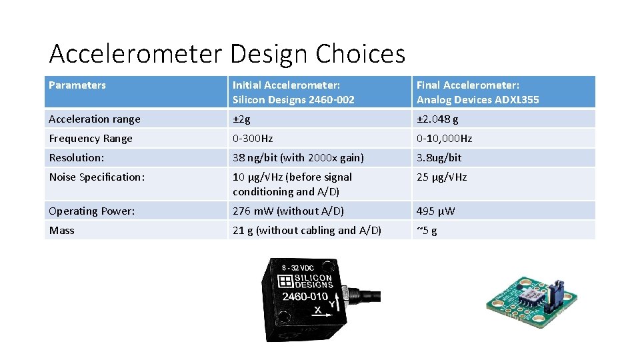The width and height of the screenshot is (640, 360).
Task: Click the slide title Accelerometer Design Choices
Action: coord(227,53)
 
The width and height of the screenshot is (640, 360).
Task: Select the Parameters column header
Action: coord(77,85)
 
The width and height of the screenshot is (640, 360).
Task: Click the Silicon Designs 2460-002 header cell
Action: coord(293,92)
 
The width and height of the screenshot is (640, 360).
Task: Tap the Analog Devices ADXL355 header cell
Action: coord(477,92)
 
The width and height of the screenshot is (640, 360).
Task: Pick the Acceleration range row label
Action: coord(95,119)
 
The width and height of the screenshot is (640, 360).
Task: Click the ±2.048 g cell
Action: coord(437,119)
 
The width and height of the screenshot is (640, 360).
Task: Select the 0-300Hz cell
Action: coord(253,139)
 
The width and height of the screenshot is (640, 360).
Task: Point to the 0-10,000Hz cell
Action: coord(444,139)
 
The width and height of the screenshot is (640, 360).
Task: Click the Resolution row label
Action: coord(77,158)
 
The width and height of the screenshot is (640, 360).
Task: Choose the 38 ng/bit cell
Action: coord(298,158)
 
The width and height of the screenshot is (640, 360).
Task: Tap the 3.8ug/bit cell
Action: coord(439,158)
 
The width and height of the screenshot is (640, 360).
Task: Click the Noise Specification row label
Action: coord(97,177)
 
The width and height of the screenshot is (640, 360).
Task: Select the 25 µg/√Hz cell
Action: coord(441,177)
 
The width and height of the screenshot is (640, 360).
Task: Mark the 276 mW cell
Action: coord(288,211)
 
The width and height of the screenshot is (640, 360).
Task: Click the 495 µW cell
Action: coord(435,211)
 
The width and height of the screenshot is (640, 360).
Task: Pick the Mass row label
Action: coord(62,231)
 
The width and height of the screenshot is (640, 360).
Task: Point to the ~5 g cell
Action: coord(427,231)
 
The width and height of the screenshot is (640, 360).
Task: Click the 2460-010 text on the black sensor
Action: coord(305,297)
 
